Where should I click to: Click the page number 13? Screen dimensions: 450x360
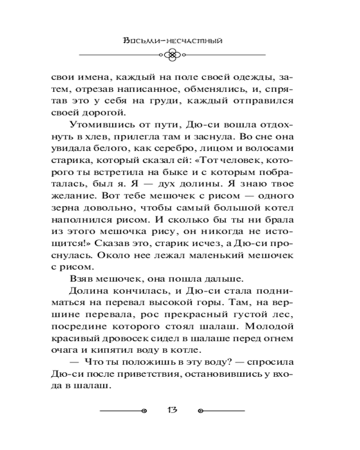pos(172,410)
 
